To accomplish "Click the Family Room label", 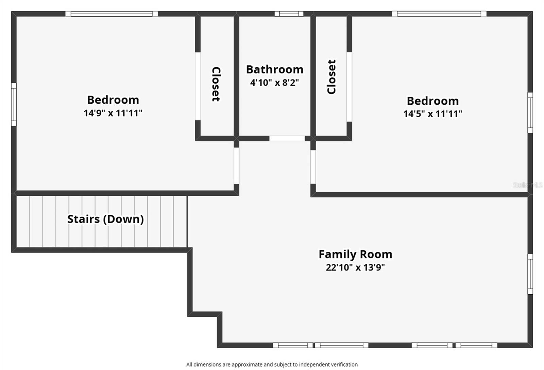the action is point(355,254).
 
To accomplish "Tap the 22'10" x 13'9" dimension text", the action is point(355,267).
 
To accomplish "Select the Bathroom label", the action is point(275,70).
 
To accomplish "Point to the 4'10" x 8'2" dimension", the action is point(274,83).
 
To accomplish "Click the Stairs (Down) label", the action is point(105,219).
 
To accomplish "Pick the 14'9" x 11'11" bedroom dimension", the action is point(113,113).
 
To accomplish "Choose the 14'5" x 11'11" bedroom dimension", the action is point(432,113).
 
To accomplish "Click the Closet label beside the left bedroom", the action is point(216,84).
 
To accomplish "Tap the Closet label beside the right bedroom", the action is point(331,77).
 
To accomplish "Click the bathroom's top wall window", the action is point(289,14).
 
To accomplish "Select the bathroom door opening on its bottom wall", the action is point(287,139).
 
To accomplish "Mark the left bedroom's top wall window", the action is point(112,14).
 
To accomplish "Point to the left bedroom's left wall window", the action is point(14,105).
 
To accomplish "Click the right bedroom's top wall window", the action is point(439,14).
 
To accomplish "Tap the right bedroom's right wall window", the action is point(530,112).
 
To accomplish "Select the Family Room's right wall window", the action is point(530,274).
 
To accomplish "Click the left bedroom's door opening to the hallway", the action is point(237,166).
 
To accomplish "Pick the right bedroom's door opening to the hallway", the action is point(313,167).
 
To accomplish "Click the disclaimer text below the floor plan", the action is point(272,365).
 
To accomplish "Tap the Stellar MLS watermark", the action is point(527,185).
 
